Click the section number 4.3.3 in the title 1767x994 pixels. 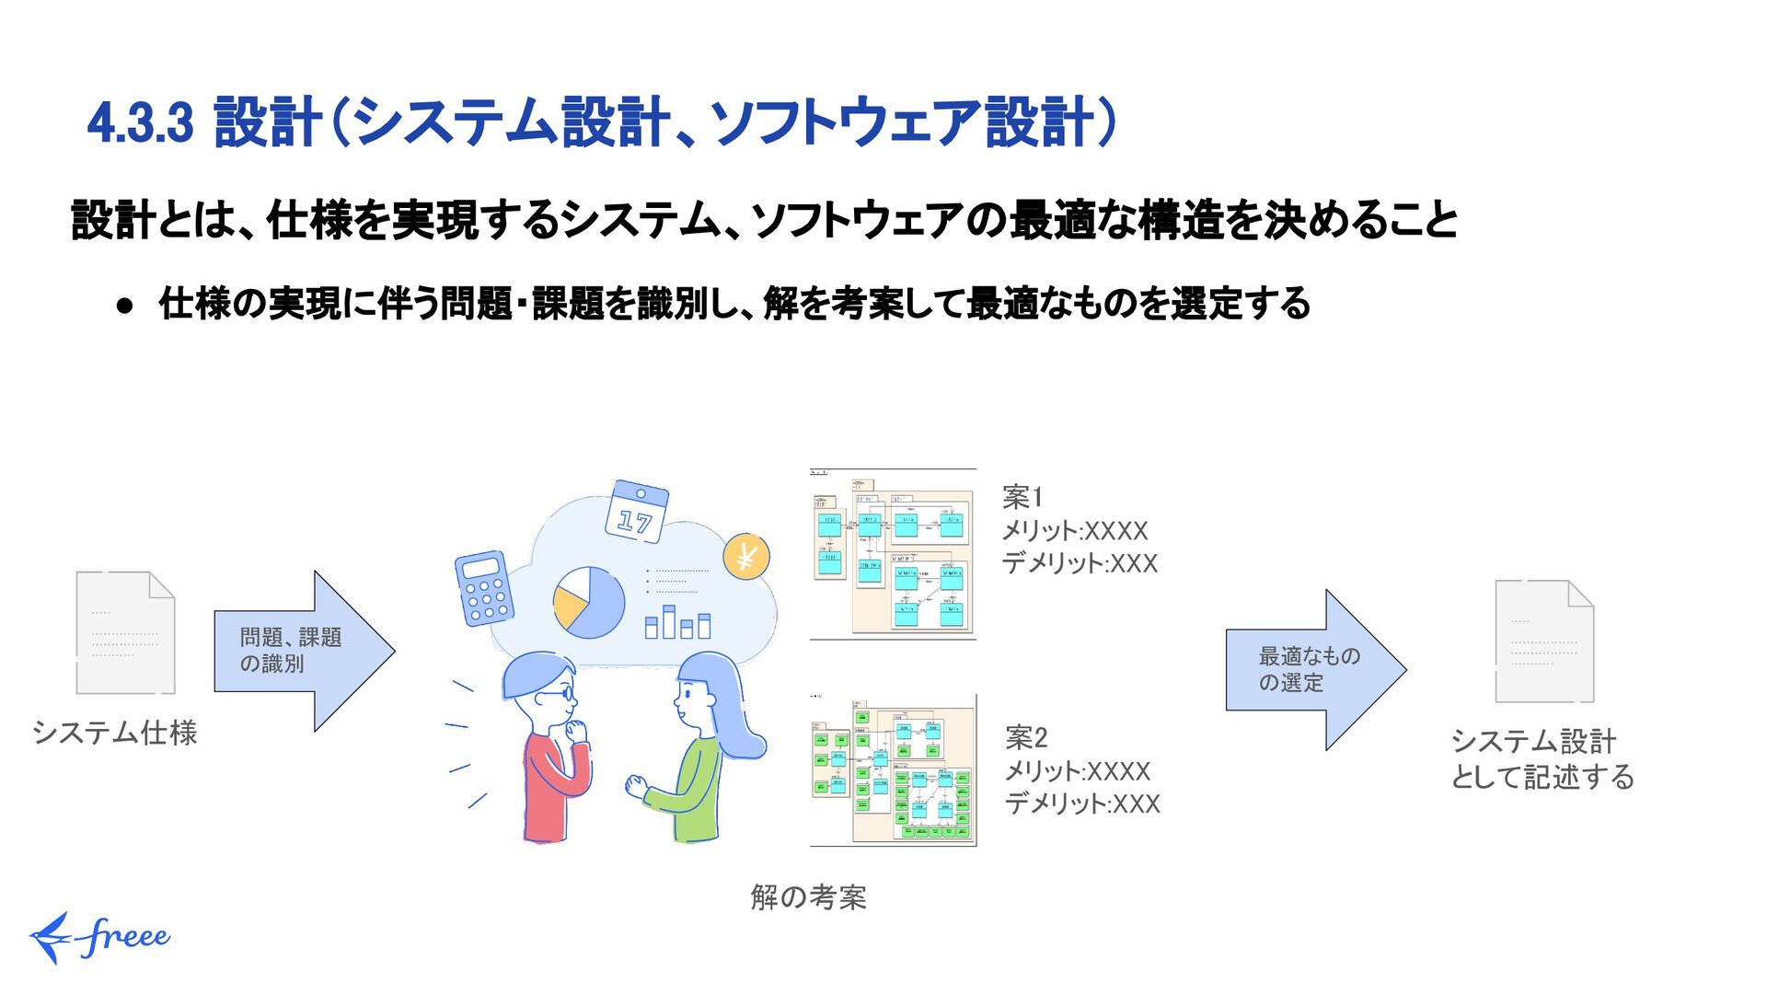pos(140,123)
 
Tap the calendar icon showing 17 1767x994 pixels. pos(636,511)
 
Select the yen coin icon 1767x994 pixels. pos(745,556)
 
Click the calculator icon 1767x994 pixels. pos(483,589)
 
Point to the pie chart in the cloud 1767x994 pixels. pos(588,603)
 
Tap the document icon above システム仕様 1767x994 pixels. pos(125,632)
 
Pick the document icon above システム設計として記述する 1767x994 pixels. pos(1543,641)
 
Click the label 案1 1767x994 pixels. pos(1022,498)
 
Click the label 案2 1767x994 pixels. pos(1026,737)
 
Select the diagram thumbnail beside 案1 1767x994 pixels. pos(893,553)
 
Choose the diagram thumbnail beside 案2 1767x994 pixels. pos(893,771)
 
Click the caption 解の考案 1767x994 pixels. pos(808,896)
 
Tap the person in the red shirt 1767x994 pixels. pos(549,745)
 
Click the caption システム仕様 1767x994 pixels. pos(115,733)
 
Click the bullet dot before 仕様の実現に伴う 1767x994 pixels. pos(126,306)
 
